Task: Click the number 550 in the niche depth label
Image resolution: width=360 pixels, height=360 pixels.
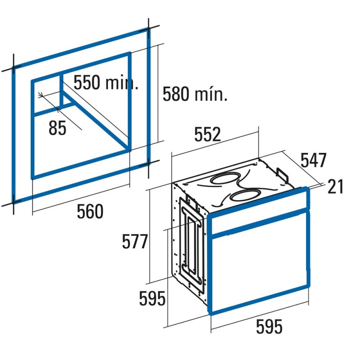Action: (x=87, y=82)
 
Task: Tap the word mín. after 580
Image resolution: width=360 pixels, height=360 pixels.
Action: (x=211, y=94)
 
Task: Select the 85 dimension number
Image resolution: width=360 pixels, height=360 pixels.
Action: (x=58, y=128)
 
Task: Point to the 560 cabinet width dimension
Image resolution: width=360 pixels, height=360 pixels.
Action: (x=90, y=211)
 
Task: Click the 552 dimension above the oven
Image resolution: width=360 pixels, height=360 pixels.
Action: (x=207, y=134)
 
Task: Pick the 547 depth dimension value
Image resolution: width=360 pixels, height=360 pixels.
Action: (x=313, y=160)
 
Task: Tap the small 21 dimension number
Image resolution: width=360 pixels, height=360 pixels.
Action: (x=335, y=186)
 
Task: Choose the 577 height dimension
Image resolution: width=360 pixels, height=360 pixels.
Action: (x=135, y=241)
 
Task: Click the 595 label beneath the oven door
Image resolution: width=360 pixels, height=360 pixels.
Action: (x=269, y=326)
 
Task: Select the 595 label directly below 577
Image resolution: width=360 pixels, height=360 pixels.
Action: (x=152, y=298)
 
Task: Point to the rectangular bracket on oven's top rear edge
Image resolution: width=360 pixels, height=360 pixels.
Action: (x=282, y=175)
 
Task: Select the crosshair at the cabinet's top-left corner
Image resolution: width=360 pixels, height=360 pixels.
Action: (x=13, y=68)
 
